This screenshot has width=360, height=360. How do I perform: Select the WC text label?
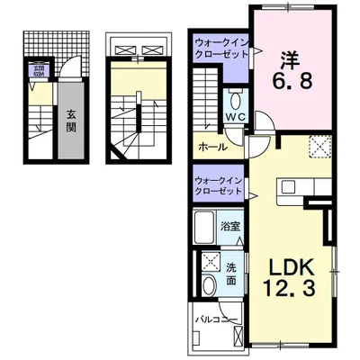point(236,117)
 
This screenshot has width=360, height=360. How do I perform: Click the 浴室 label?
point(231,225)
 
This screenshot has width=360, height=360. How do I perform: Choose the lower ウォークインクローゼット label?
point(219,185)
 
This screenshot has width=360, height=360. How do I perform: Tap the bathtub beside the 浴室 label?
point(203,226)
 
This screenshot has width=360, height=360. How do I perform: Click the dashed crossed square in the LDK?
point(318,146)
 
